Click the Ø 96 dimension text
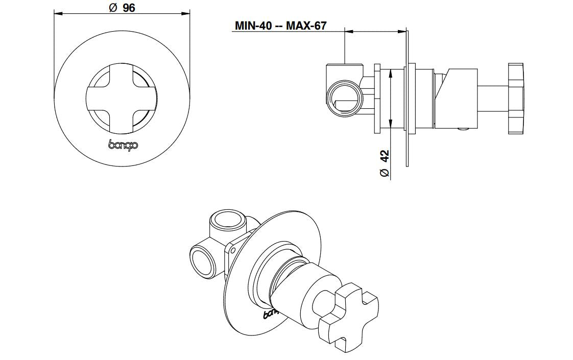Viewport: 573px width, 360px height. coord(122,8)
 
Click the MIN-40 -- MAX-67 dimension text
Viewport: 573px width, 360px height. coord(280,26)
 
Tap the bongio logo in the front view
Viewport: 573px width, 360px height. coord(123,144)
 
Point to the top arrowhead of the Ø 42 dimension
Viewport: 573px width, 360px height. coord(391,73)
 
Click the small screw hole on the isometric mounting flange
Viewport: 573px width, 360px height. coord(233,250)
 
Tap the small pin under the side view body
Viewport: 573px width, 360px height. coord(462,130)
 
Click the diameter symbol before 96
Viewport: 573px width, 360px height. coord(113,8)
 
